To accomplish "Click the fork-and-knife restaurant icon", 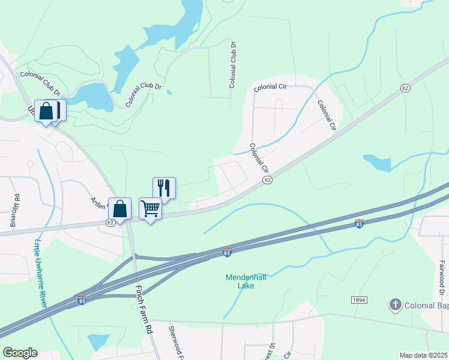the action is click(164, 188).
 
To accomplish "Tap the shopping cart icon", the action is click(150, 209).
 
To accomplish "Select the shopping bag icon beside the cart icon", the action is click(120, 209).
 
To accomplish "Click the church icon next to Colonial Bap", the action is click(395, 305).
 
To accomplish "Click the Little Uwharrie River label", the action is click(41, 274).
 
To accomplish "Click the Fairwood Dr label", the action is click(441, 274).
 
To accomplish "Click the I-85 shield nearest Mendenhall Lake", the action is click(227, 252).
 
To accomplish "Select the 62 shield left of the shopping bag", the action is click(110, 222).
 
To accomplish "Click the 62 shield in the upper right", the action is click(406, 88).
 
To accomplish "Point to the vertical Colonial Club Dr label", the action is click(232, 65).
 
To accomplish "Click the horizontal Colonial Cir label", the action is click(270, 88).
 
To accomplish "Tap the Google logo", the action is click(20, 353).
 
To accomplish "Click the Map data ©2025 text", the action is click(424, 355).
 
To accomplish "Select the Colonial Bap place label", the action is click(427, 305).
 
